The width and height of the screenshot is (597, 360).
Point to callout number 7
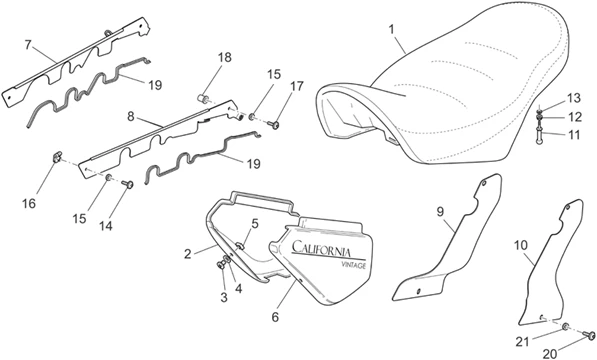click(x=29, y=44)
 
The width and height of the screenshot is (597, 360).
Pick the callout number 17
click(x=295, y=86)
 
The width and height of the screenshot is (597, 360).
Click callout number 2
click(x=186, y=254)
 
